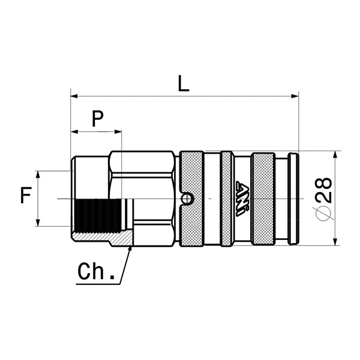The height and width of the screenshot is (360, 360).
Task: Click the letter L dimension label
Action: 184,83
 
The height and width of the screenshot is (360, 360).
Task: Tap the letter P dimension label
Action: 97,119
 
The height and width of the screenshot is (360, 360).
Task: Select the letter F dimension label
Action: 25,196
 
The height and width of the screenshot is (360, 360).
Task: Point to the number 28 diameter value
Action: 323,190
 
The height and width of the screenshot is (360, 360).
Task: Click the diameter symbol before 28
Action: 323,213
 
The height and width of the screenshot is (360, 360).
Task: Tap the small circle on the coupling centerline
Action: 188,198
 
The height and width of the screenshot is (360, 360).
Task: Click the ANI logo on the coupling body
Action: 244,199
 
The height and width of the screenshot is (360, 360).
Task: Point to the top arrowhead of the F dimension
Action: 38,175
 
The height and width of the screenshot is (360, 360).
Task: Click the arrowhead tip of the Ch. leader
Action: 130,247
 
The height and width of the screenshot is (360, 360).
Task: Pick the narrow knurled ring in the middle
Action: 227,199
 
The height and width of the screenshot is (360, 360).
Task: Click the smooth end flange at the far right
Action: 293,199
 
